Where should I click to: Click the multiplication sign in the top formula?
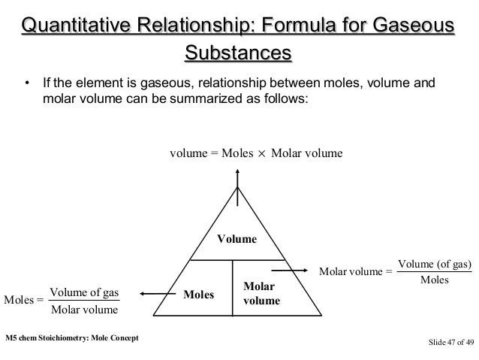(262, 154)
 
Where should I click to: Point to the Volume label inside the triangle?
(236, 239)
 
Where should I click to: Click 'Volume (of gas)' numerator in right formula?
(434, 264)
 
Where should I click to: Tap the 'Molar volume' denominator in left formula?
(84, 309)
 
